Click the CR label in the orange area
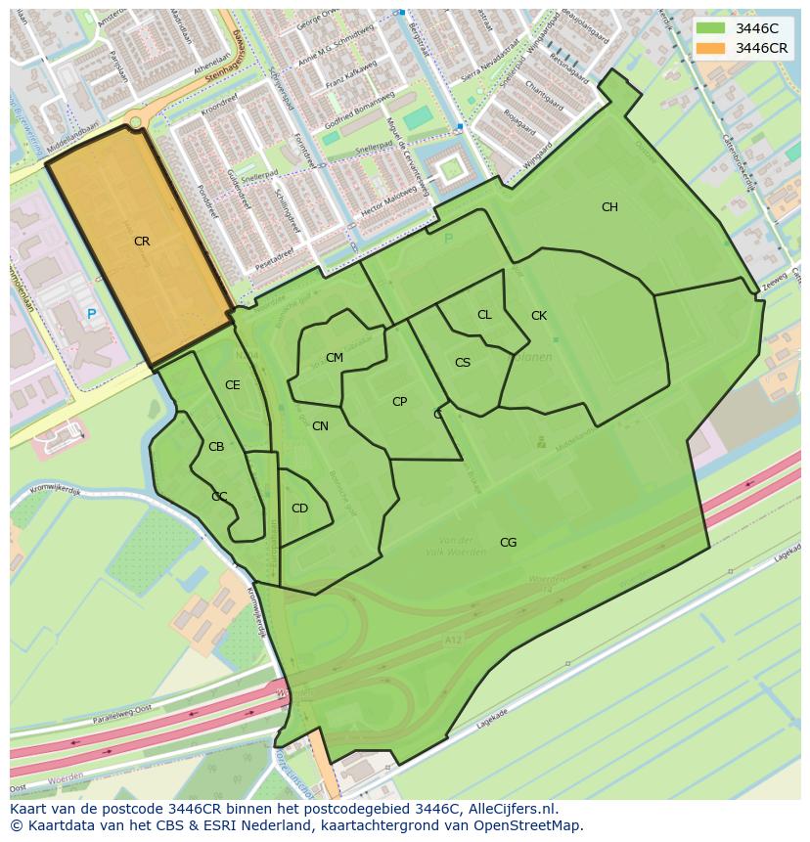(x=142, y=242)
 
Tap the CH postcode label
(x=609, y=207)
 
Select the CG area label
(x=508, y=543)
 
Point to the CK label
(x=539, y=316)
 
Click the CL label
(x=484, y=315)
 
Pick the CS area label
(x=463, y=363)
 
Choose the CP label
(x=399, y=402)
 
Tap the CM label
(x=335, y=358)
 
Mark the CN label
(x=320, y=426)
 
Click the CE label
(x=232, y=385)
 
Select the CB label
(x=216, y=447)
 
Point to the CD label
(x=299, y=509)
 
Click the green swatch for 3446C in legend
(x=712, y=28)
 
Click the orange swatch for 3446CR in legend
(x=712, y=48)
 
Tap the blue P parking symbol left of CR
(x=91, y=314)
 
